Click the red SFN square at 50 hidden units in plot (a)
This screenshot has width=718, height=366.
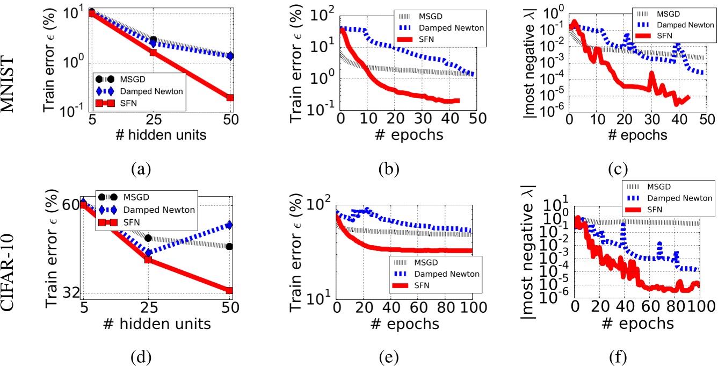(230, 98)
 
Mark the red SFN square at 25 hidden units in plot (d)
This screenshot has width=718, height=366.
(148, 260)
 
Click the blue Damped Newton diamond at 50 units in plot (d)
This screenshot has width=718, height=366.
(229, 225)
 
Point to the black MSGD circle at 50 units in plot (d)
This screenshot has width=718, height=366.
(229, 247)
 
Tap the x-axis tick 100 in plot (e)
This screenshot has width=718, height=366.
(472, 309)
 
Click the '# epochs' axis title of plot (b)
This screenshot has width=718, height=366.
(405, 134)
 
